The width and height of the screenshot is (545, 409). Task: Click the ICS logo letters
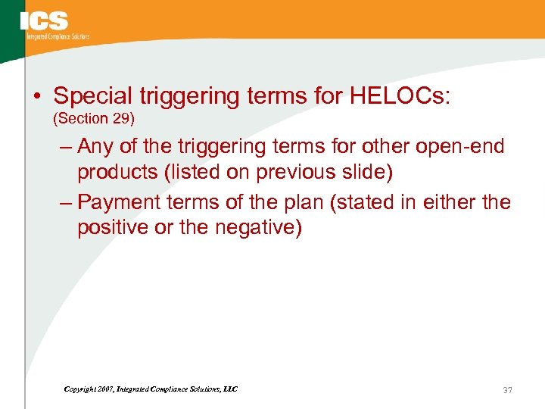[x=44, y=20]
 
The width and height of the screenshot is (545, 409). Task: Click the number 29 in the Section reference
[x=123, y=119]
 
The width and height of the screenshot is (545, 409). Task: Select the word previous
[x=289, y=172]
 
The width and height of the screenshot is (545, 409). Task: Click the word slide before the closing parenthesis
[x=362, y=172]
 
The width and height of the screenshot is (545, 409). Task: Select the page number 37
[x=507, y=390]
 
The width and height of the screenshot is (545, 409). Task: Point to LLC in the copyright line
[x=229, y=389]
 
